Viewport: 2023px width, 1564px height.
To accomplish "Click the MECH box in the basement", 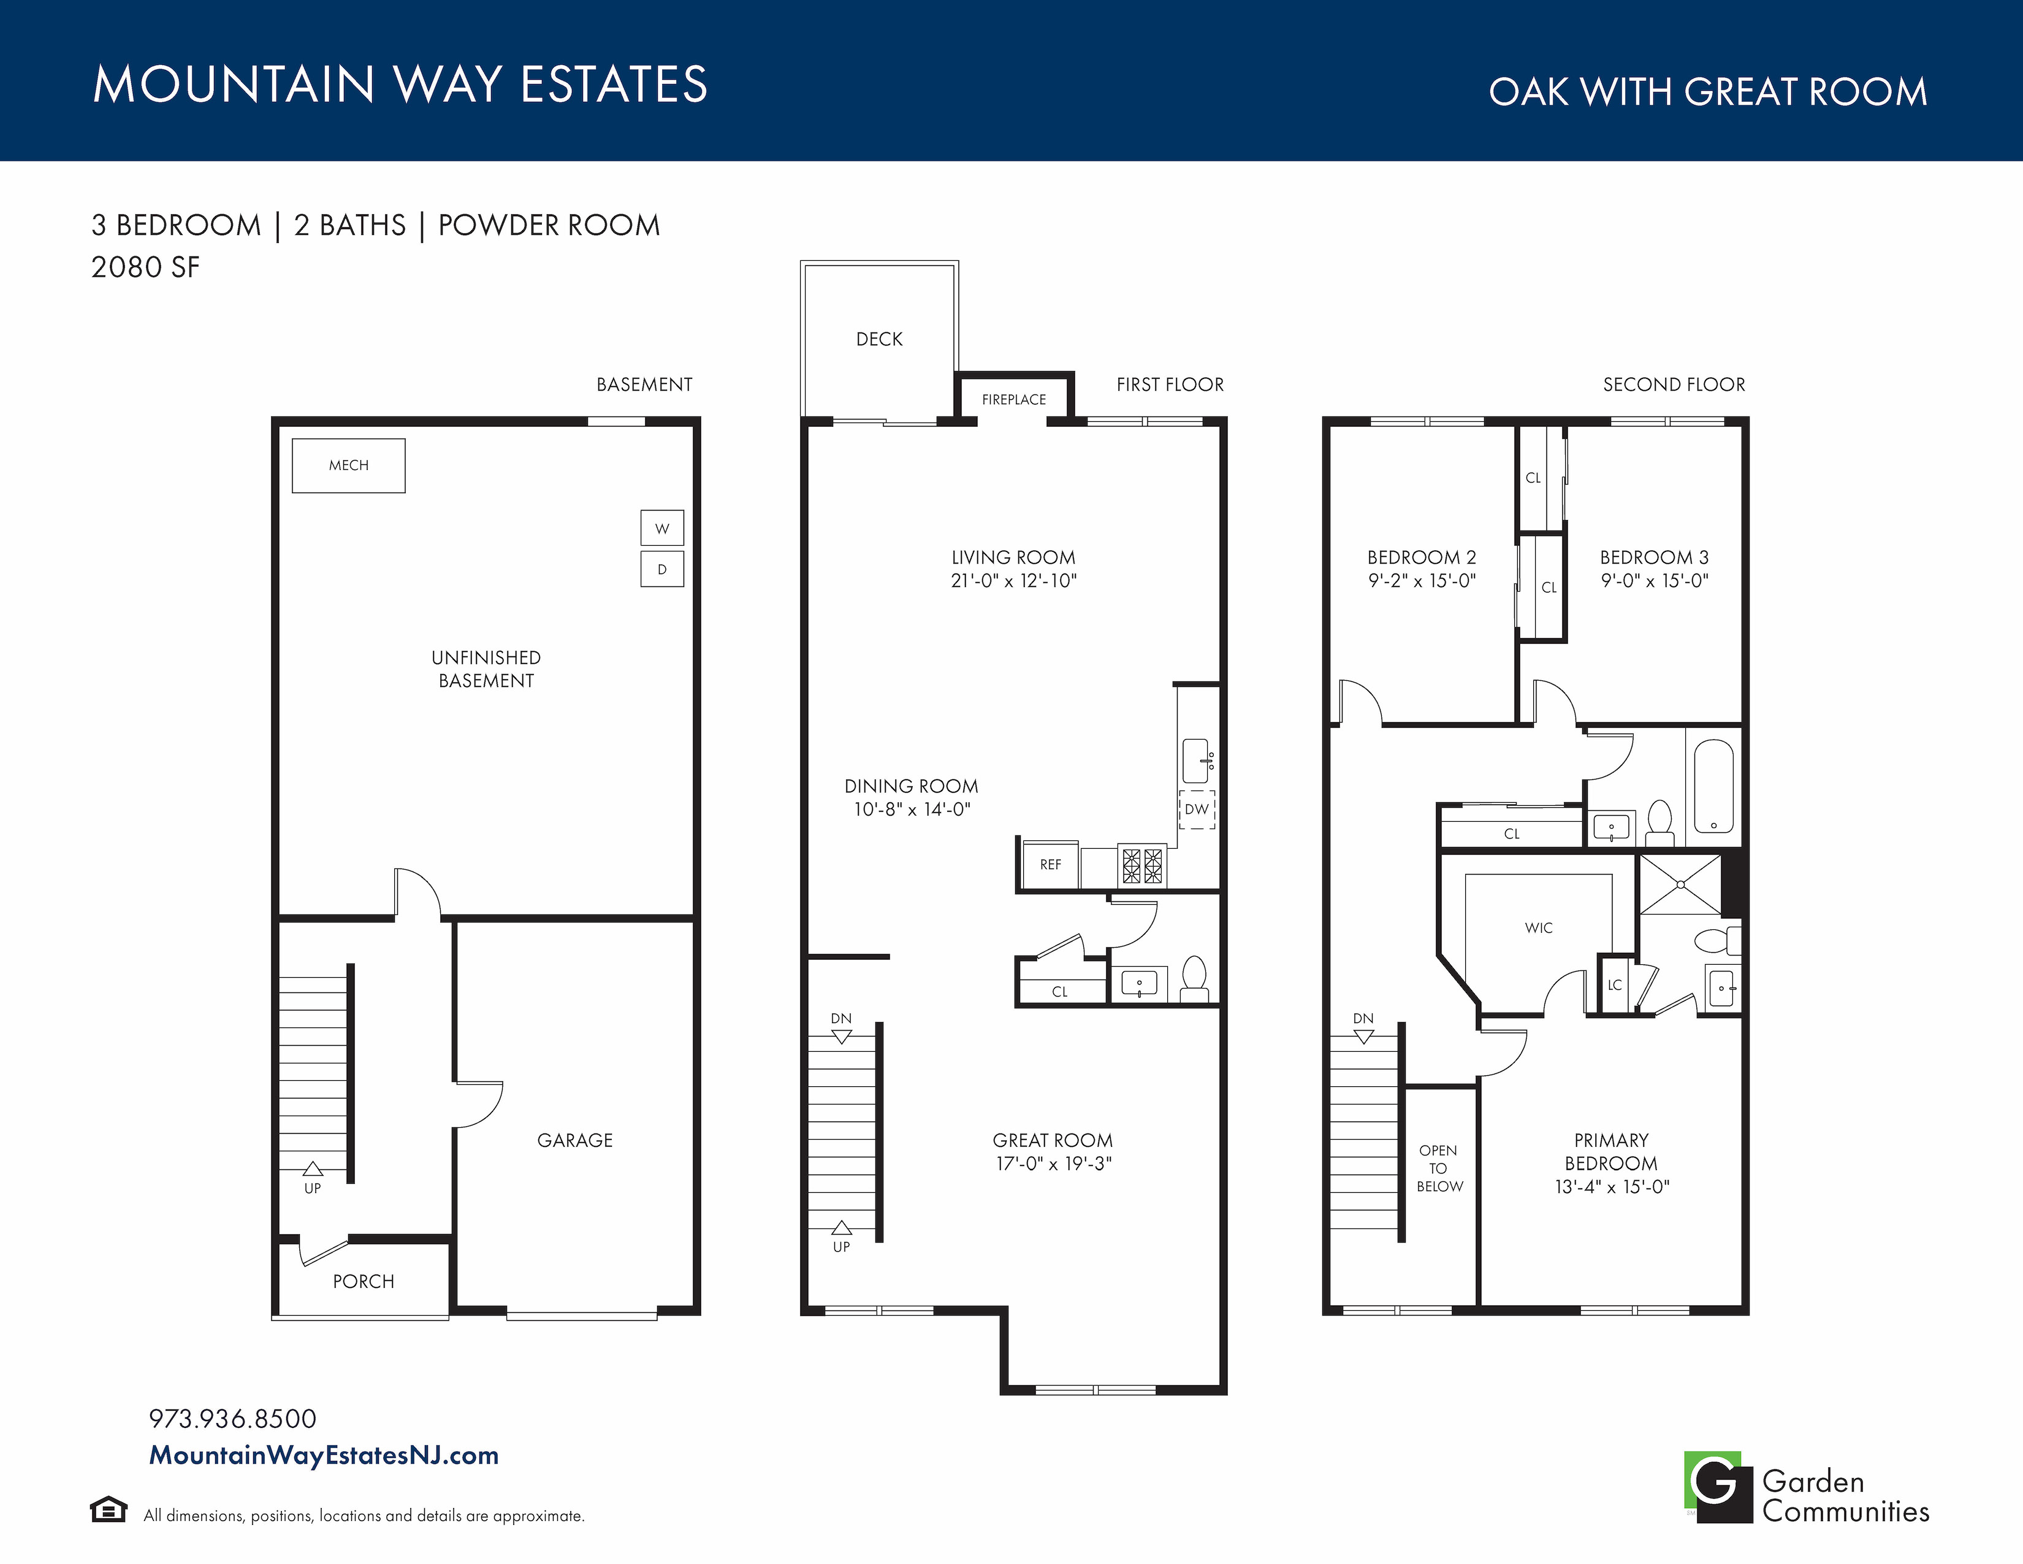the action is click(x=348, y=465).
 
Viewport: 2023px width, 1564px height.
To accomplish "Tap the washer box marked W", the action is click(x=662, y=528).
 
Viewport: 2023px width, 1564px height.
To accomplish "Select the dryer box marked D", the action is click(x=662, y=569).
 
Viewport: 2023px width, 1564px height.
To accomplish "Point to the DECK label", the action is click(x=879, y=339).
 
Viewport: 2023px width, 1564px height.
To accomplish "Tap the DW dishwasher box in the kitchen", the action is click(x=1197, y=809).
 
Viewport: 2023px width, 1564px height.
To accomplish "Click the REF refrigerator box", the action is click(x=1050, y=864).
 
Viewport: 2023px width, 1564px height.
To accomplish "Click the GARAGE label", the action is click(x=574, y=1141).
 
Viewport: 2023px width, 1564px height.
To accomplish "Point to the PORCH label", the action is click(x=363, y=1281).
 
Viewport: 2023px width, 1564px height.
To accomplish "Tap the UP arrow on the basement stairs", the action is click(x=313, y=1169).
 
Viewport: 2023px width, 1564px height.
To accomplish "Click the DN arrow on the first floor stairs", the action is click(x=841, y=1037).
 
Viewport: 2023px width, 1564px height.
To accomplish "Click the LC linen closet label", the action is click(x=1615, y=985).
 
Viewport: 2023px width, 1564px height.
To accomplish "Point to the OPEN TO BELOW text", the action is click(x=1439, y=1168).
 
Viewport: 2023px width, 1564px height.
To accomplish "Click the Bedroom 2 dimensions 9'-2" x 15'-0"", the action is click(x=1422, y=581).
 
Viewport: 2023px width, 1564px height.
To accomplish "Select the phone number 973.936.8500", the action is click(x=232, y=1419).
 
